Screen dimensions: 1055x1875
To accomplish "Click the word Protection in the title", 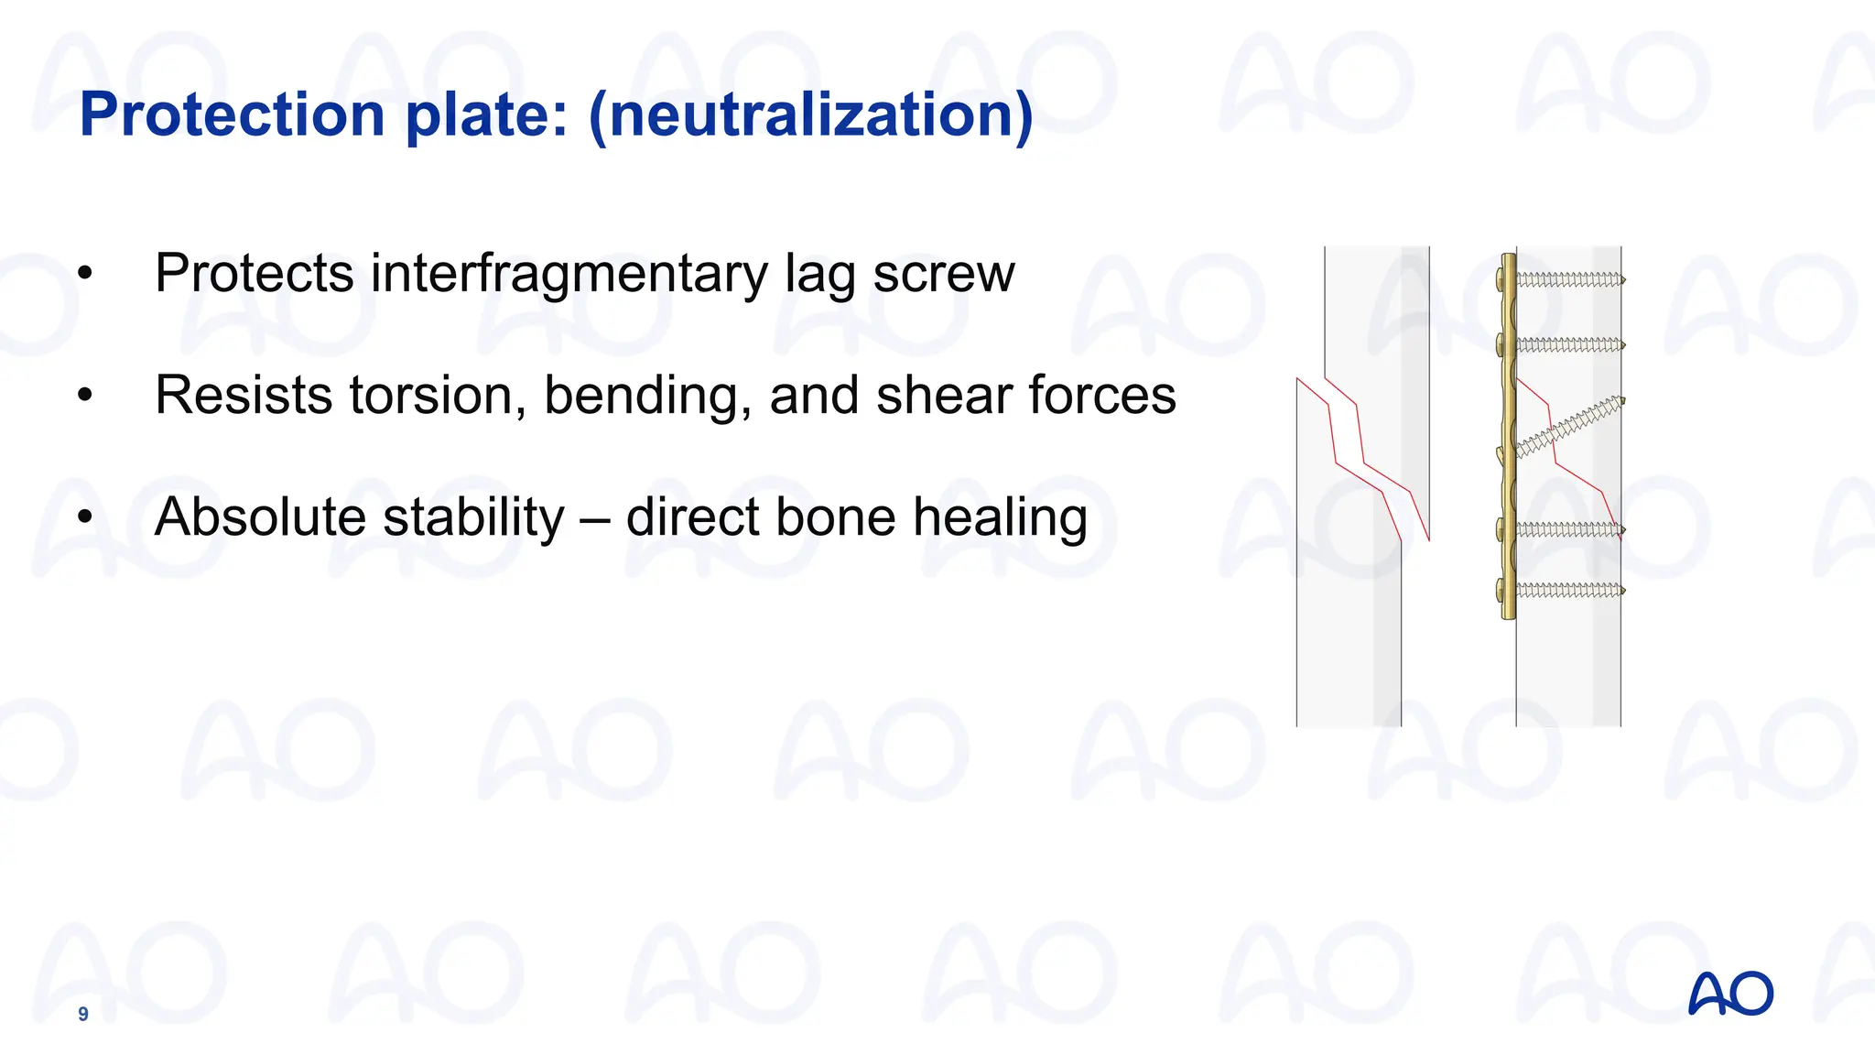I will click(x=232, y=115).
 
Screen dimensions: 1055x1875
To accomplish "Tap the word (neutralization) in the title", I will click(x=811, y=115).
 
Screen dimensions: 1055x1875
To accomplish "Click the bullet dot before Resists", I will click(x=85, y=396).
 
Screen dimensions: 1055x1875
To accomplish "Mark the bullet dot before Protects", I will click(x=85, y=274).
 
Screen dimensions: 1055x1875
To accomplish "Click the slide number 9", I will click(x=83, y=1014).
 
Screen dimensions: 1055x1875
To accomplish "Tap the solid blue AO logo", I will click(x=1730, y=994).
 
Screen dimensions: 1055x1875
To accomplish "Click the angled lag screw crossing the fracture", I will click(x=1567, y=425).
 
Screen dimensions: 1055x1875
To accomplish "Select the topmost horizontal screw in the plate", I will click(x=1567, y=279).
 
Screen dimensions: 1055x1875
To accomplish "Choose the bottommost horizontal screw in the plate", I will click(x=1567, y=591).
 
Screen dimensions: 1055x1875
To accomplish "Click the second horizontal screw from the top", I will click(x=1567, y=345).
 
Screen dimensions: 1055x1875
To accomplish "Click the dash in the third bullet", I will click(x=595, y=519).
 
